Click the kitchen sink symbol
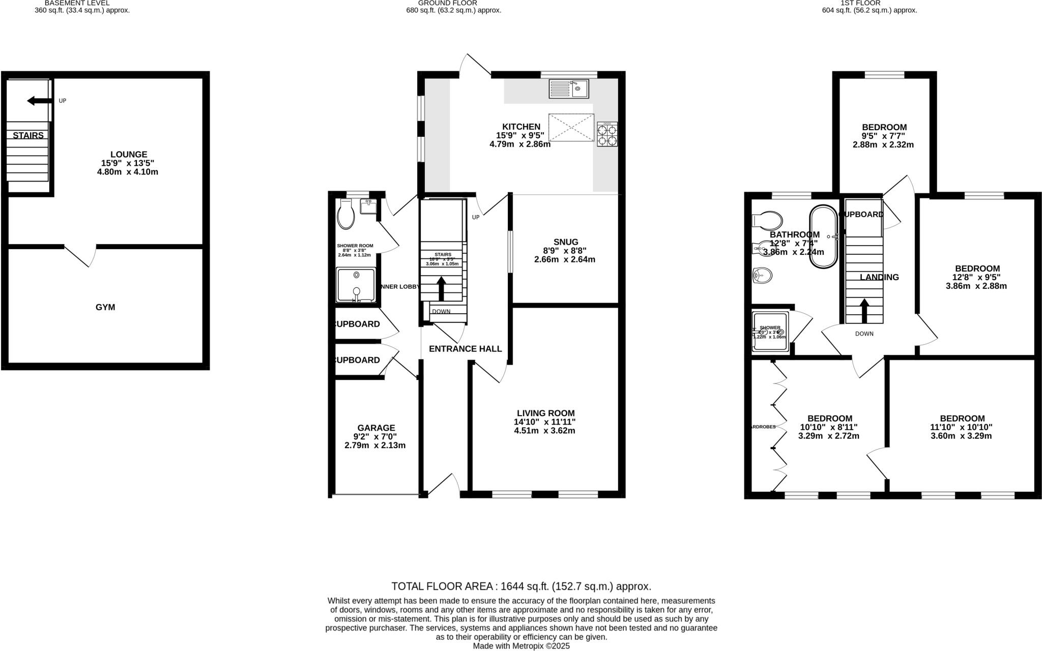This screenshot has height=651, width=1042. pos(568,88)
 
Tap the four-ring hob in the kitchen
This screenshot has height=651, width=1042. pos(607,134)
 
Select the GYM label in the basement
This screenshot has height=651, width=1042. pos(105,307)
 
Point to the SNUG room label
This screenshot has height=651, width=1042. pos(566,242)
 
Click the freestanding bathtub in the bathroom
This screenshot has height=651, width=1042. pos(823,237)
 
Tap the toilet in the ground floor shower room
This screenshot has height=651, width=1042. pos(346,214)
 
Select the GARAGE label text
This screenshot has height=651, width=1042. pos(375,428)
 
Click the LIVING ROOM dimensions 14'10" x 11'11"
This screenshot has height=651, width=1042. pos(545,422)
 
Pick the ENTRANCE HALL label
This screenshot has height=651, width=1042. pos(465,349)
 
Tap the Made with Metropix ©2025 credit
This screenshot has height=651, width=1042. pos(521,646)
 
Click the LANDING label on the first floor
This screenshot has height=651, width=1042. pos(879,277)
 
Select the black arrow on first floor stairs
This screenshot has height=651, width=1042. pos(864,310)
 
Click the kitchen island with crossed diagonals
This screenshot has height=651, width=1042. pos(571,128)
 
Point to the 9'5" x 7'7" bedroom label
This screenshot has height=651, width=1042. pos(884,136)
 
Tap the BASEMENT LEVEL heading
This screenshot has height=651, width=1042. pos(77,3)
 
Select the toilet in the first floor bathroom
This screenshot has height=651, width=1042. pos(766,221)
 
